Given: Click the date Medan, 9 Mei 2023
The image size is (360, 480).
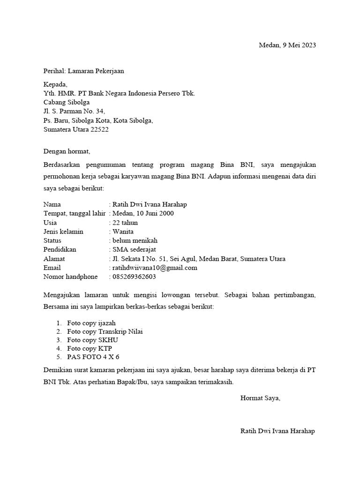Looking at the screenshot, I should (x=287, y=45).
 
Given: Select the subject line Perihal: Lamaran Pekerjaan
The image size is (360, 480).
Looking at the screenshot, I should (x=83, y=71).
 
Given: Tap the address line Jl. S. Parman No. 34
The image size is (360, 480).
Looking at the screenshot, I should (x=74, y=112).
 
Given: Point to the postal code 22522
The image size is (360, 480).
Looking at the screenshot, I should (x=99, y=129).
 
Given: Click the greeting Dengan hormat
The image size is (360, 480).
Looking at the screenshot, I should (x=66, y=151).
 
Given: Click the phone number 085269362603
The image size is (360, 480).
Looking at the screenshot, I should (x=134, y=277).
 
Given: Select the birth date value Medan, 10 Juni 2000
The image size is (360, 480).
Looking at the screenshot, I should (x=142, y=214).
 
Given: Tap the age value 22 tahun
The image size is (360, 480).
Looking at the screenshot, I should (x=125, y=223).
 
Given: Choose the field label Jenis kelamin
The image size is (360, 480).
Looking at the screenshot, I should (x=63, y=232).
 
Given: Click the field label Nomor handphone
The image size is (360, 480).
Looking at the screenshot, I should (x=70, y=277).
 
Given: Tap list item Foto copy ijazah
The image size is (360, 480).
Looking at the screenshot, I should (x=91, y=323).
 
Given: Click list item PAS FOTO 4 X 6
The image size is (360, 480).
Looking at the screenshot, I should (x=93, y=357).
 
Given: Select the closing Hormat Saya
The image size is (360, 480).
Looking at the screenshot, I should (x=260, y=398).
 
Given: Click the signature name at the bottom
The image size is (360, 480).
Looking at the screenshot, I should (x=277, y=431).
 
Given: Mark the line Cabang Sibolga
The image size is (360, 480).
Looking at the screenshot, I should (x=67, y=102).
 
